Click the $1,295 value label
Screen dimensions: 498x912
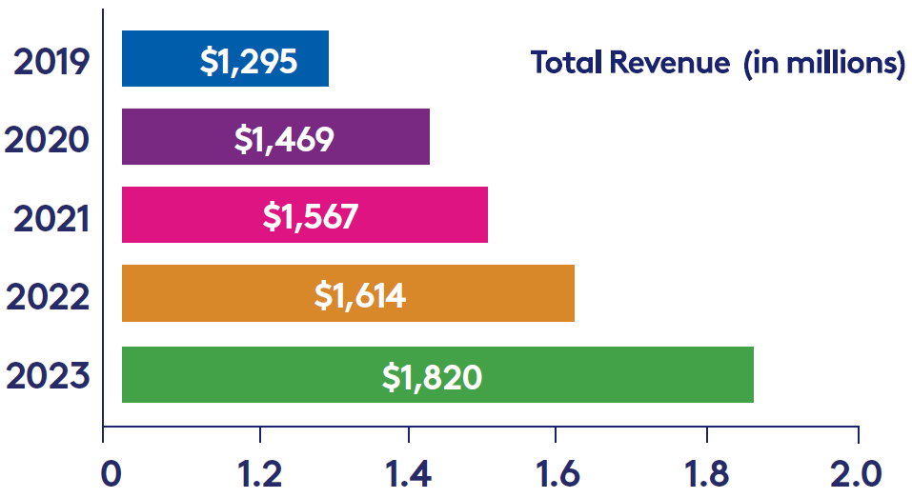coord(249,61)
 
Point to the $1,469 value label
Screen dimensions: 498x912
coord(284,139)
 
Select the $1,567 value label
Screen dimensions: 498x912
coord(311,217)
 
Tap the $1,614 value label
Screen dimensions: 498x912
coord(360,295)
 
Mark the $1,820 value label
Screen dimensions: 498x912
coord(432,376)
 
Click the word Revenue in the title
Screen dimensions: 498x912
coord(671,63)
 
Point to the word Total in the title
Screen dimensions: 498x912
coord(566,63)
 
